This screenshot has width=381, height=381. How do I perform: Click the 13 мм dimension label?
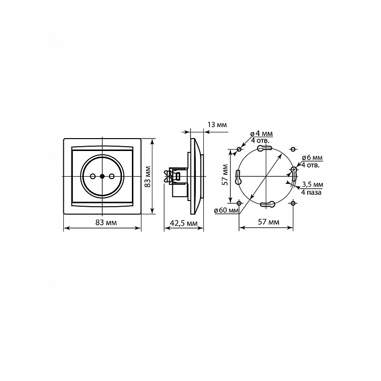click(x=217, y=125)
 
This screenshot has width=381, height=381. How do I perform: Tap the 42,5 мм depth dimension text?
click(x=183, y=223)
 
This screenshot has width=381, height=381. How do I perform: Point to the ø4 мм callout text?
click(x=261, y=133)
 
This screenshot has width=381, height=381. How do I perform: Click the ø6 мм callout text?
click(x=312, y=157)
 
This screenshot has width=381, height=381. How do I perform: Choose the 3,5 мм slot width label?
click(x=312, y=184)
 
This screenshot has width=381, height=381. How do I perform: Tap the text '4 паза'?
click(x=311, y=192)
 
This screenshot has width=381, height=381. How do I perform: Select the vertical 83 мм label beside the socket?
click(x=148, y=177)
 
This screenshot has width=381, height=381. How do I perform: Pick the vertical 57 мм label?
click(x=225, y=175)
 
